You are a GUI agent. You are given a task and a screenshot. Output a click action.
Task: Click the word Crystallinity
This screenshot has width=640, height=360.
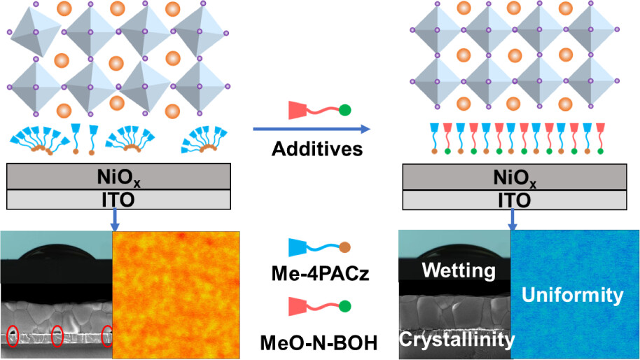click(457, 340)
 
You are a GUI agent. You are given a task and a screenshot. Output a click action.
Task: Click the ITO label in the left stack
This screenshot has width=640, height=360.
click(120, 200)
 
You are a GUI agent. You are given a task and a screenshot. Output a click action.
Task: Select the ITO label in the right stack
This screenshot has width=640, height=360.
click(515, 200)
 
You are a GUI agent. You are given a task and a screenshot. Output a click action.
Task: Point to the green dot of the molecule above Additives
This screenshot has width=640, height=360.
click(345, 110)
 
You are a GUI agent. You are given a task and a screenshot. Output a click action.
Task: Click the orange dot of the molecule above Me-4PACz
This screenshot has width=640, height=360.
click(345, 247)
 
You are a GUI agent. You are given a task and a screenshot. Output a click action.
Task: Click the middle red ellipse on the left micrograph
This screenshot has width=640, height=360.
click(58, 336)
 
